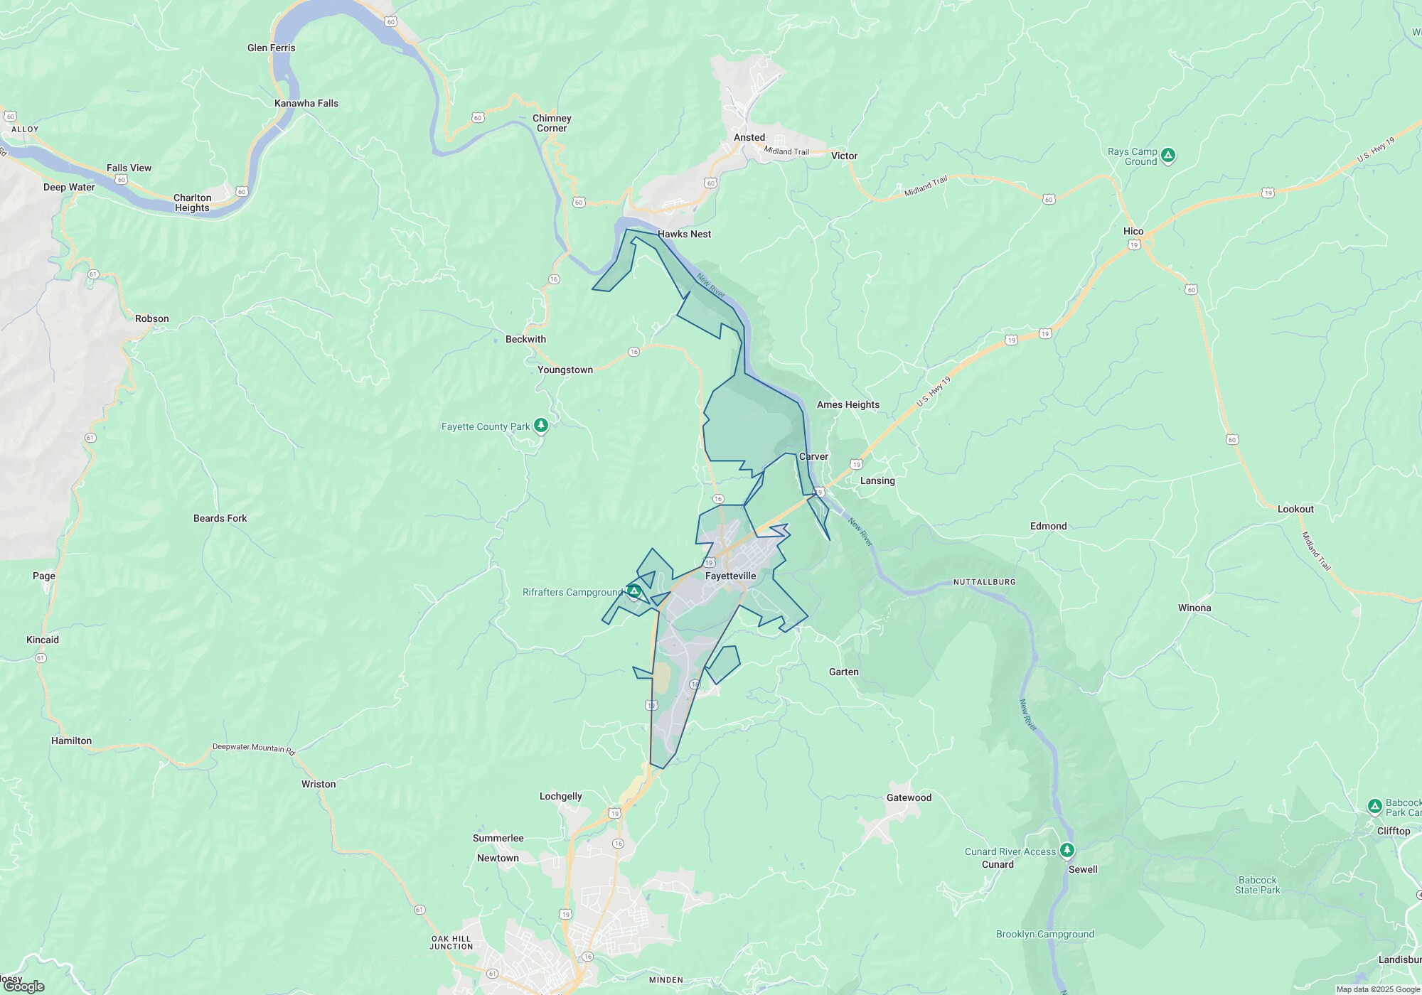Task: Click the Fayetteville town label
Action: pyautogui.click(x=730, y=576)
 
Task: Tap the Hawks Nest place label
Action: pyautogui.click(x=684, y=234)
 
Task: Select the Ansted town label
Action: pyautogui.click(x=749, y=137)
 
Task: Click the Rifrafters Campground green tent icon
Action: pyautogui.click(x=634, y=591)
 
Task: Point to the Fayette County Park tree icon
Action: pyautogui.click(x=542, y=426)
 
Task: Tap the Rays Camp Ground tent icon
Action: pyautogui.click(x=1168, y=156)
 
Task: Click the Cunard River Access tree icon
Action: pyautogui.click(x=1066, y=850)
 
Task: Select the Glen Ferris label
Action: pyautogui.click(x=272, y=48)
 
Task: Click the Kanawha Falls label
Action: pyautogui.click(x=306, y=103)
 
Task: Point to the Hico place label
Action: pyautogui.click(x=1133, y=231)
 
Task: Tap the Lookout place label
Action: pyautogui.click(x=1295, y=509)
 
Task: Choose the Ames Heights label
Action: pyautogui.click(x=848, y=404)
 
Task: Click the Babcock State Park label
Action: pyautogui.click(x=1257, y=885)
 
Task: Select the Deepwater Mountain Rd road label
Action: pyautogui.click(x=254, y=748)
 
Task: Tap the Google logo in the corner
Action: pyautogui.click(x=23, y=986)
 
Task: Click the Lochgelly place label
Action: pyautogui.click(x=560, y=796)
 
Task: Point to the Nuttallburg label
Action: pyautogui.click(x=984, y=582)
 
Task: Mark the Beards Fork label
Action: pyautogui.click(x=220, y=518)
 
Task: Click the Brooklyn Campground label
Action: pyautogui.click(x=1045, y=934)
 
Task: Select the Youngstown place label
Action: pyautogui.click(x=565, y=370)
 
